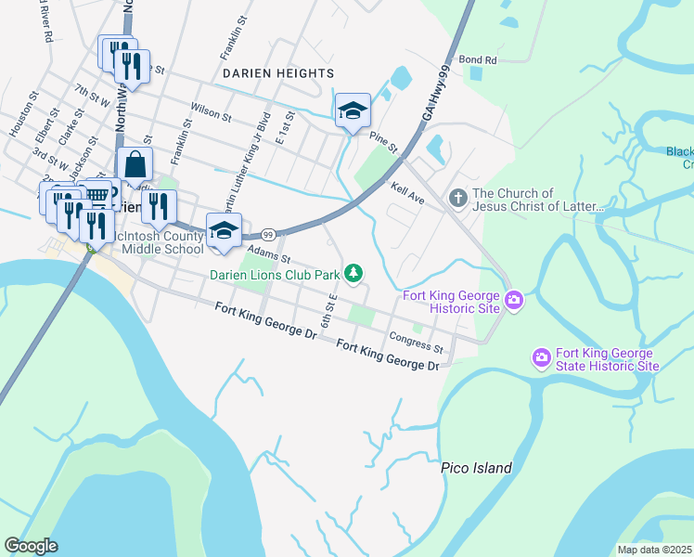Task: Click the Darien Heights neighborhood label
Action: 277,72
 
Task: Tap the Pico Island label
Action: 476,468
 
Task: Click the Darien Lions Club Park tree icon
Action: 353,273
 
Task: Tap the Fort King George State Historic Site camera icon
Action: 542,357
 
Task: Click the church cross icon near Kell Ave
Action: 456,199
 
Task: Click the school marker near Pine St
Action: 353,110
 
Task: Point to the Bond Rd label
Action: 478,59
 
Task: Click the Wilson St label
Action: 212,112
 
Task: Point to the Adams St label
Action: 269,253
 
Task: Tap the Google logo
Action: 32,546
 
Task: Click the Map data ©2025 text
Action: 654,550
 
